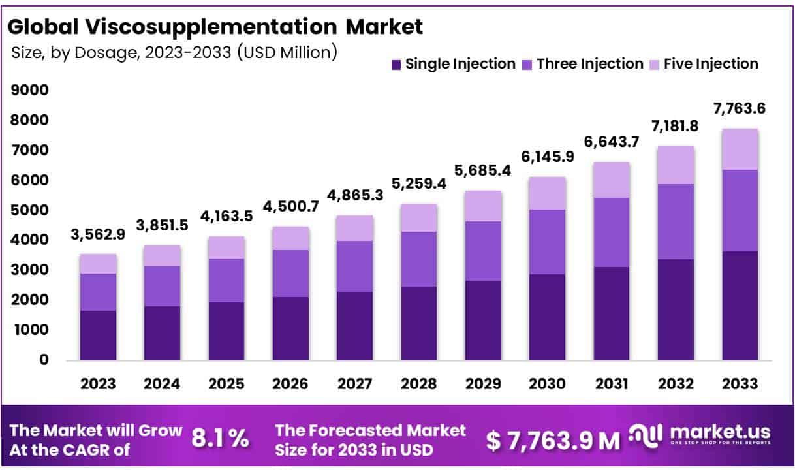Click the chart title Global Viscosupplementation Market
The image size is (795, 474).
215,27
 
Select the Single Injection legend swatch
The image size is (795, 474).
396,65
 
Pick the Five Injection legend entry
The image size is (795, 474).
711,64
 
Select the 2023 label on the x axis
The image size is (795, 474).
99,384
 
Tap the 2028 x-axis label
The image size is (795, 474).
419,384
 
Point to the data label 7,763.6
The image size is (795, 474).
740,109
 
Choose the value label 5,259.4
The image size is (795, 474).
419,185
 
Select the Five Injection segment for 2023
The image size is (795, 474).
99,264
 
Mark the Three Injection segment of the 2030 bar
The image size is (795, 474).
547,242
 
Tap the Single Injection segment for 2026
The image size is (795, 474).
290,328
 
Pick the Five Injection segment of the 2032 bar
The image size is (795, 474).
676,165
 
